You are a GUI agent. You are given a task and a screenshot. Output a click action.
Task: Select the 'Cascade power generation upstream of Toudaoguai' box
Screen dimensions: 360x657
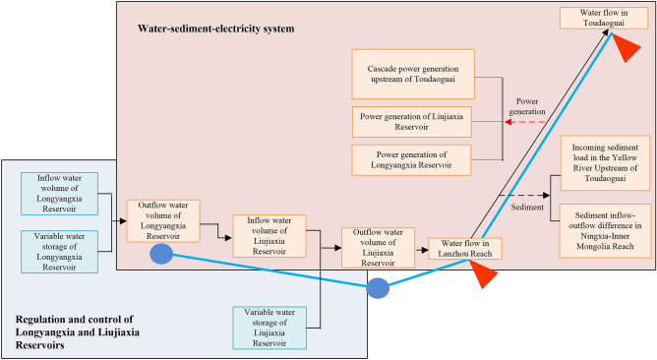412,74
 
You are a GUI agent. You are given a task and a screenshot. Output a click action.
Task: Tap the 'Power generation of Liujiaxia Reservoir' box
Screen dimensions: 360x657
412,122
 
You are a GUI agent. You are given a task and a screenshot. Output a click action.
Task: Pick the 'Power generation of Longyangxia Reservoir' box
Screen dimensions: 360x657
412,159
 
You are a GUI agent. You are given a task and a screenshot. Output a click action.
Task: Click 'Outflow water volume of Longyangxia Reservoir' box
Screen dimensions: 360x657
163,219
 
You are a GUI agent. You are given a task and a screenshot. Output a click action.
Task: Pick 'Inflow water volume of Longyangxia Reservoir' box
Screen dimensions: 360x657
58,190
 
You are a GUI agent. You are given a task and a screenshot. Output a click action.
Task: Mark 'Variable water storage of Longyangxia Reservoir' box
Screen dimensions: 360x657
58,248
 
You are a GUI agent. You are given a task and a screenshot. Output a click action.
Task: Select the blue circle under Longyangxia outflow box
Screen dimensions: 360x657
163,255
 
